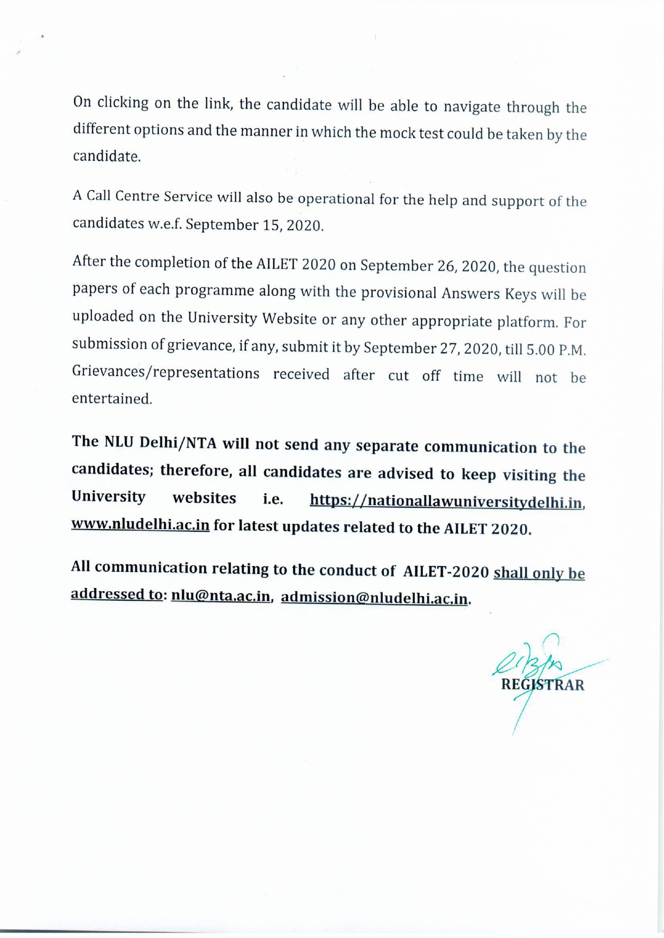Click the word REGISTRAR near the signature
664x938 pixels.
pos(543,685)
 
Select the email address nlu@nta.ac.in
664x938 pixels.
pos(220,596)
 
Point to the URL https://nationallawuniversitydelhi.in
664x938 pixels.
pos(446,501)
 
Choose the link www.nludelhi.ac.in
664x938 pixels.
pos(140,524)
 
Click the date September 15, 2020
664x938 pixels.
pos(254,225)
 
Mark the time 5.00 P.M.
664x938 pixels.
pos(556,351)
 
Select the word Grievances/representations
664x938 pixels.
pos(166,373)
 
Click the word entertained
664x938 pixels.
pos(112,399)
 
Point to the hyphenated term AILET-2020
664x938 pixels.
pos(446,571)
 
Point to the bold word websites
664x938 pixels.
pos(204,498)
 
